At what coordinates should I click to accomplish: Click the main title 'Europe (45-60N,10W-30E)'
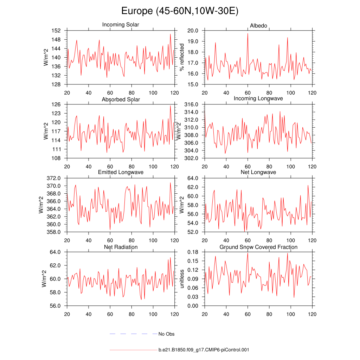coord(180,11)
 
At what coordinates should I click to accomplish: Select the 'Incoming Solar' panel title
coord(121,25)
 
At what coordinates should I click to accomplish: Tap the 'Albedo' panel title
coord(258,26)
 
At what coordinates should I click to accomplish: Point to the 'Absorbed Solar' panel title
coord(121,99)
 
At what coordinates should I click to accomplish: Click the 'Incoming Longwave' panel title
coord(258,98)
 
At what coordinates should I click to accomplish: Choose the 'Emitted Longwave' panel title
coord(121,172)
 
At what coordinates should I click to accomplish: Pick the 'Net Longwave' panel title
coord(258,172)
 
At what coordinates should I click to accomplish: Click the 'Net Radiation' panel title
coord(121,247)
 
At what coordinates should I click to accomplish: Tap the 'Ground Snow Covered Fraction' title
coord(258,247)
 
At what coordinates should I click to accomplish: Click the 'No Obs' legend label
coord(166,334)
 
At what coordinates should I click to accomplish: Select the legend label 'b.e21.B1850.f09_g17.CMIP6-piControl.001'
coord(204,350)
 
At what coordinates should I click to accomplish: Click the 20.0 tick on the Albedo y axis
coord(193,31)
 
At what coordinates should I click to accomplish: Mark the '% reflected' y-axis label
coord(182,57)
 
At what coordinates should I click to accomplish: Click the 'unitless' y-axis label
coord(182,279)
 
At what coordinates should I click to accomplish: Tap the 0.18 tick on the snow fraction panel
coord(193,252)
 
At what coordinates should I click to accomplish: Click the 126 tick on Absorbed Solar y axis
coord(57,104)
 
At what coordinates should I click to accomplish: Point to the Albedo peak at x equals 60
coord(247,33)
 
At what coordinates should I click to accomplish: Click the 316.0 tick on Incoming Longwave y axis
coord(192,104)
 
